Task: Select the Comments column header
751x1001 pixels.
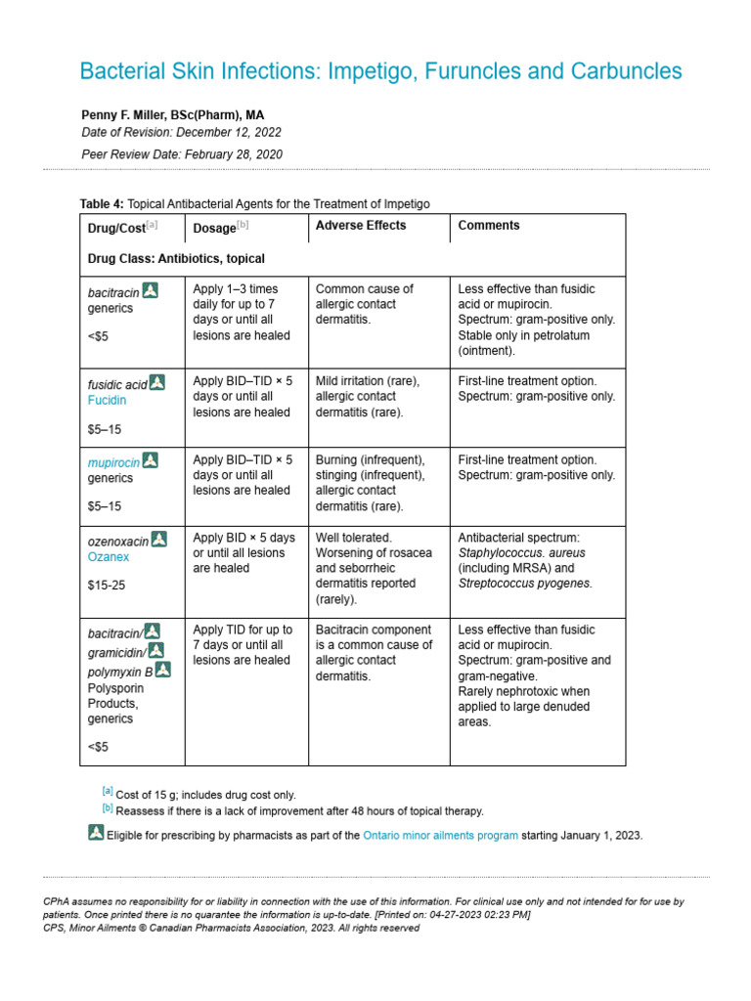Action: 489,226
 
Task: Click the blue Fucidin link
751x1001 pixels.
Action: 108,401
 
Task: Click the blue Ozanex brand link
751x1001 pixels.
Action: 109,557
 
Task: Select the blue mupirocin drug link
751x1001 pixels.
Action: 112,461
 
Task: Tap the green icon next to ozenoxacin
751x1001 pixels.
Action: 159,539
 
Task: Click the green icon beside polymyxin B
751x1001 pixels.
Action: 163,670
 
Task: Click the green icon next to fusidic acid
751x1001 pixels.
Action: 157,382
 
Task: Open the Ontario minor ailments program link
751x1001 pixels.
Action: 440,836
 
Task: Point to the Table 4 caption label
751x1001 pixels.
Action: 102,203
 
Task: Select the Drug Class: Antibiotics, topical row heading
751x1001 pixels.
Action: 176,259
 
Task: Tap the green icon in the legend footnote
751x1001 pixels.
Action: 96,834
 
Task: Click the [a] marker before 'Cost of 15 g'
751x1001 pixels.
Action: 108,792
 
